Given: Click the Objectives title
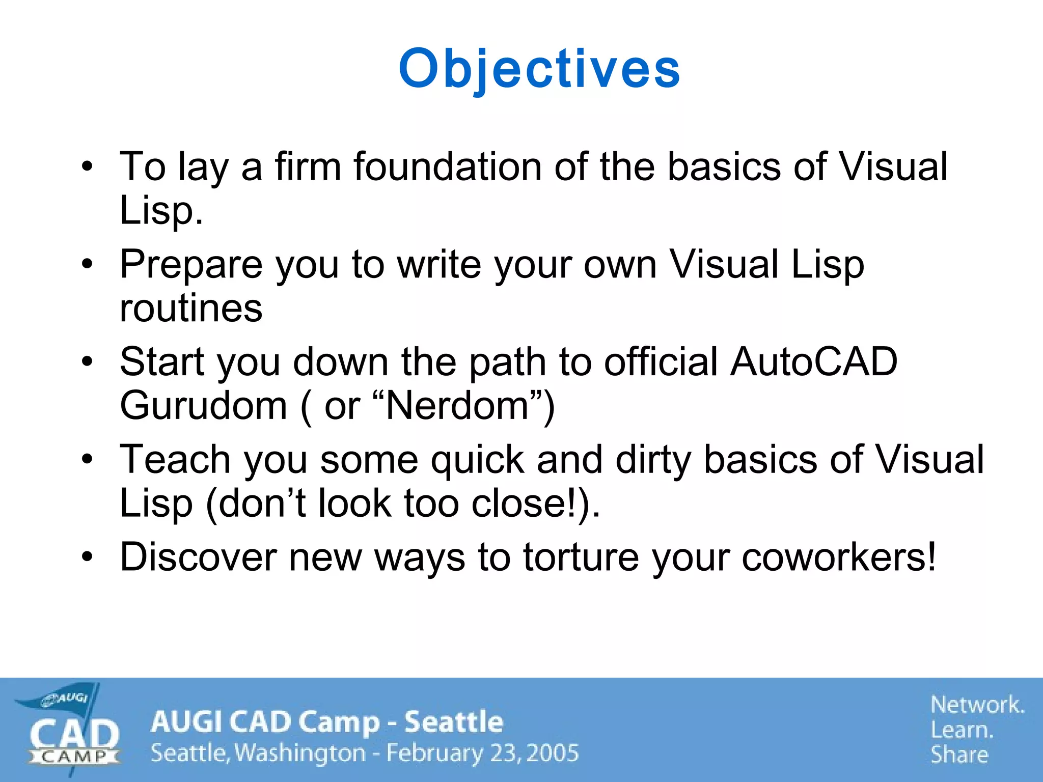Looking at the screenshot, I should point(539,69).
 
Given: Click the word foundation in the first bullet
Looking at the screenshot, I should point(448,166).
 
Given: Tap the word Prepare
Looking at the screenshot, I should point(190,265).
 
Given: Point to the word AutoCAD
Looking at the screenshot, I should point(813,361).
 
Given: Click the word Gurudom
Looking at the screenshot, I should point(203,406).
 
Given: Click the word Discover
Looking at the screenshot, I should point(198,557).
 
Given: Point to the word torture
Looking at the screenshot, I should point(581,557).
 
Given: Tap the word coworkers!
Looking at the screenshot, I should point(838,557).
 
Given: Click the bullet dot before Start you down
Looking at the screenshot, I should point(88,361).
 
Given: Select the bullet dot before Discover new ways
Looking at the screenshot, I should point(88,557).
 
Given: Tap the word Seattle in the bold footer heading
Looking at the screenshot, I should point(453,722).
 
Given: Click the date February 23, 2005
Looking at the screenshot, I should point(482,753).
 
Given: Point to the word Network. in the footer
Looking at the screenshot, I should point(977,705).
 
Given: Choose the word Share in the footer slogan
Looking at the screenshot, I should point(959,755).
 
